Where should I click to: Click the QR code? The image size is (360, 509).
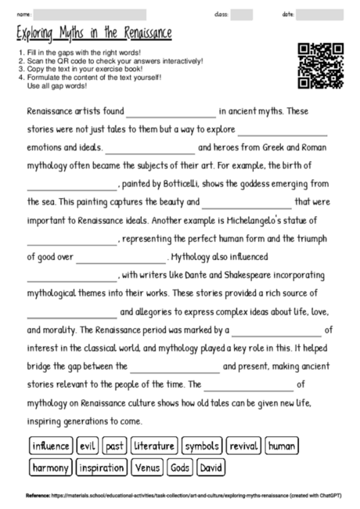point(321,66)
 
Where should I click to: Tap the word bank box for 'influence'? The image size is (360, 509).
point(51,446)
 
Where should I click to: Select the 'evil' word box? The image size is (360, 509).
point(88,446)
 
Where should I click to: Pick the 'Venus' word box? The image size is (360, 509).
point(148,468)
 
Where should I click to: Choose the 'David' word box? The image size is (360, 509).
point(210,468)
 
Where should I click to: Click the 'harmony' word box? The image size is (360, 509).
point(50,468)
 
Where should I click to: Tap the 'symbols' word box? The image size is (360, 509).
point(202,446)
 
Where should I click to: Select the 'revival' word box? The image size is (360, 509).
point(243,446)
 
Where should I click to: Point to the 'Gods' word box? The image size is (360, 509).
point(181,468)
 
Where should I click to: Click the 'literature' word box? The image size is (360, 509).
point(154,446)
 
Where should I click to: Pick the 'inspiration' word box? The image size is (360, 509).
point(102,468)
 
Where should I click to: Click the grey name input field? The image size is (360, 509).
point(90,14)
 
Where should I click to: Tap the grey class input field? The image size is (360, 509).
point(242,14)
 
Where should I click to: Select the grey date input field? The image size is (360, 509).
point(320,14)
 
